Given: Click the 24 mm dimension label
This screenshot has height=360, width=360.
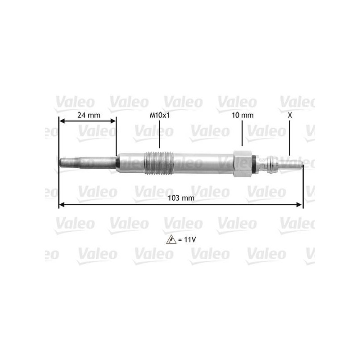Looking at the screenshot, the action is tap(89, 115).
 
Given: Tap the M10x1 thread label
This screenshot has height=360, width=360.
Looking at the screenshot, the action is tap(160, 115).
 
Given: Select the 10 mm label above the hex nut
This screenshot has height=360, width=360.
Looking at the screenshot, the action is tap(243, 115).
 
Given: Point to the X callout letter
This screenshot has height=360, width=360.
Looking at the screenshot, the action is tap(290, 115).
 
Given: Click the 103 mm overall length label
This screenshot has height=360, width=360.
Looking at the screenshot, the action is tap(181, 198).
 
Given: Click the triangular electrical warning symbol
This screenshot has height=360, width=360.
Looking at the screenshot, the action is tap(171, 239).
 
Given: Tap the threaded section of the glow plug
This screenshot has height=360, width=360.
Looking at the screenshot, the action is tap(159, 163).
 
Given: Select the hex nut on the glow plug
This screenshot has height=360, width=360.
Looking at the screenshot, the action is tap(243, 164).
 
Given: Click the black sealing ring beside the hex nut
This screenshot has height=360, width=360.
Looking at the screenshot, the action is tap(254, 164).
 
